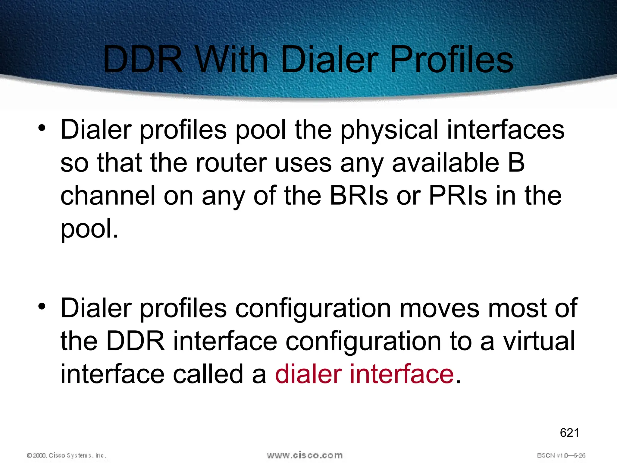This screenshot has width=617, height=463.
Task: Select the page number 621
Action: pos(569,433)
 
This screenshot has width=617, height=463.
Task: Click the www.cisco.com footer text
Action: pos(305,455)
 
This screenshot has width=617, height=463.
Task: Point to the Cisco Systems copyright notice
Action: pos(66,455)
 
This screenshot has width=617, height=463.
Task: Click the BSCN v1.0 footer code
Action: pos(561,455)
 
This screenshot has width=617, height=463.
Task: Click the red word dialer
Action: pos(308,374)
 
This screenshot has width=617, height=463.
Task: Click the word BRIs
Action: pos(359,196)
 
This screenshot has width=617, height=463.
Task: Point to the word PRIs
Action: pos(458,196)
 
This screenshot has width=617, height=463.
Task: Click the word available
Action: pos(445,163)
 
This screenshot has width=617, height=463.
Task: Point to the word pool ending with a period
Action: pos(89,229)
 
